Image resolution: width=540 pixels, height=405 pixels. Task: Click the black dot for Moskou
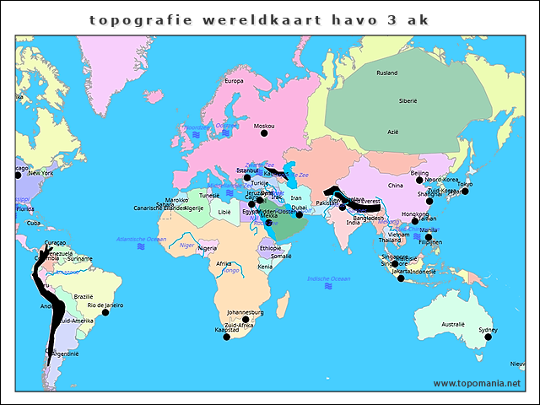pyautogui.click(x=263, y=132)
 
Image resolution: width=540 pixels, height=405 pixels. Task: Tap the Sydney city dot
pyautogui.click(x=488, y=337)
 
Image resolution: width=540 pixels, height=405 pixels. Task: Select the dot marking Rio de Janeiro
pyautogui.click(x=105, y=312)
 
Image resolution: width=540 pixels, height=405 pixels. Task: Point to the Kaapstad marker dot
pyautogui.click(x=226, y=337)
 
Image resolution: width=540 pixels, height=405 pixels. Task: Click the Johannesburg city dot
pyautogui.click(x=246, y=319)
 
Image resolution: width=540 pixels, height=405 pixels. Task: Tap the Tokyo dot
pyautogui.click(x=465, y=191)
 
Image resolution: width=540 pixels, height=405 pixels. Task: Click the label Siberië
pyautogui.click(x=408, y=100)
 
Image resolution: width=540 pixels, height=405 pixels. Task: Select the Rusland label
pyautogui.click(x=386, y=73)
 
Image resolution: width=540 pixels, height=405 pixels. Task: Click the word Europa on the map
pyautogui.click(x=234, y=81)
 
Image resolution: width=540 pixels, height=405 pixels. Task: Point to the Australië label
pyautogui.click(x=453, y=324)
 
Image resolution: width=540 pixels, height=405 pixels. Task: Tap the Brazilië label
pyautogui.click(x=84, y=296)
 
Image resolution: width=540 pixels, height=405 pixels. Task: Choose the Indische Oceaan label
pyautogui.click(x=328, y=278)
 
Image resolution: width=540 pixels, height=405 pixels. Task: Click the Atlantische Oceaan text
pyautogui.click(x=142, y=240)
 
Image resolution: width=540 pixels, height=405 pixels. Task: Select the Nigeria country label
pyautogui.click(x=208, y=248)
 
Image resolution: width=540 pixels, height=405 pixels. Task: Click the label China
pyautogui.click(x=395, y=186)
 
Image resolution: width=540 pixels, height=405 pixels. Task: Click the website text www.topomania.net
pyautogui.click(x=477, y=383)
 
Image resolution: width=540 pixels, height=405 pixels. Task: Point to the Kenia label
pyautogui.click(x=265, y=267)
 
